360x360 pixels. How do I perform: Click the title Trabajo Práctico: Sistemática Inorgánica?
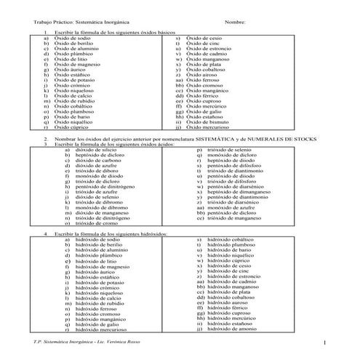point(80,23)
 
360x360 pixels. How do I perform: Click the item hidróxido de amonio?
point(232,329)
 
